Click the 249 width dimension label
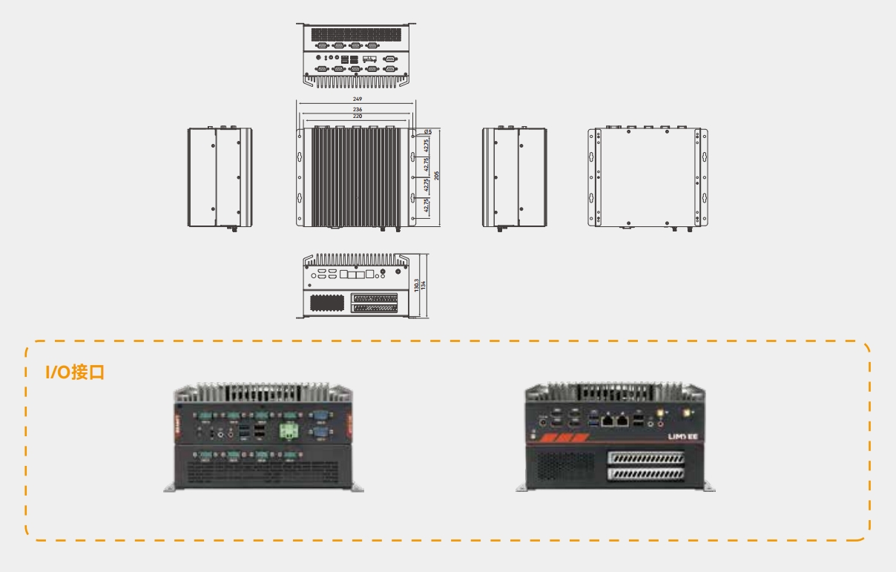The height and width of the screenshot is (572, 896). click(x=358, y=99)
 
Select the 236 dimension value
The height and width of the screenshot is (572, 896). click(x=358, y=110)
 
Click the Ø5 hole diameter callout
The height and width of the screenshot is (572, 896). click(x=418, y=132)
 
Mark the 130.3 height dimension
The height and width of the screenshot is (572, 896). click(x=418, y=286)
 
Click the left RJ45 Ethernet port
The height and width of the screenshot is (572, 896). click(x=607, y=421)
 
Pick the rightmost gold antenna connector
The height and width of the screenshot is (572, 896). click(x=688, y=410)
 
